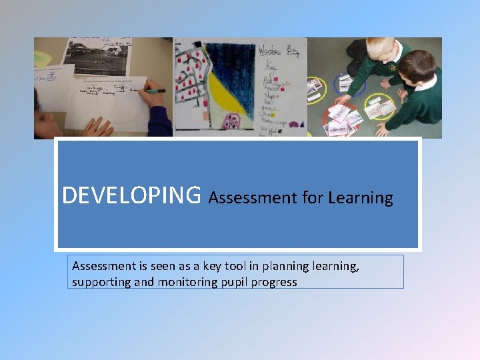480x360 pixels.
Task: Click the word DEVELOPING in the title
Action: coord(131,195)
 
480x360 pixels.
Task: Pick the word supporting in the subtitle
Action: coord(101,283)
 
